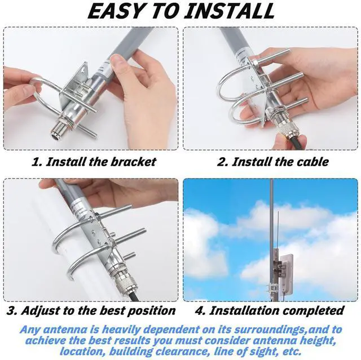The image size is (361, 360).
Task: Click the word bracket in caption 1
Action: click(x=133, y=162)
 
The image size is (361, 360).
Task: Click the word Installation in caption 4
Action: click(x=244, y=310)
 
